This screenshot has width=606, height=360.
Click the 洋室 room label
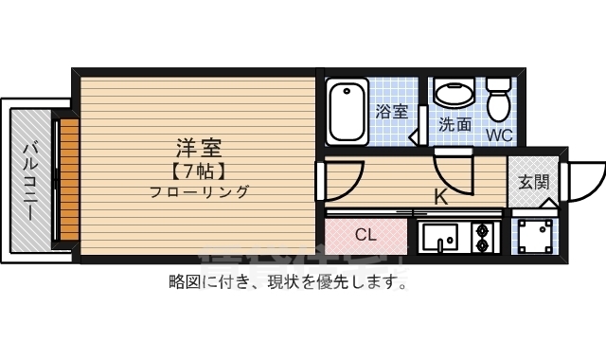(x=199, y=149)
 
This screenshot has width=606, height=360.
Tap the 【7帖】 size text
(x=198, y=171)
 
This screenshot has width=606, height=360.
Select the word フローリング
(x=199, y=192)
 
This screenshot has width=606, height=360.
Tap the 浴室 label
(x=391, y=112)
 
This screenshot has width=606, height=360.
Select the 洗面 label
(x=454, y=124)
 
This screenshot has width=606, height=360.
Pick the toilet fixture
(x=498, y=96)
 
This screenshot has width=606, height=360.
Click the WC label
(x=499, y=135)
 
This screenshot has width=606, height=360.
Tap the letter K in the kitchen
(x=440, y=198)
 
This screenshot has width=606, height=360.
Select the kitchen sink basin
(x=440, y=238)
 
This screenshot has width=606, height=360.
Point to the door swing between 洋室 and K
(x=344, y=178)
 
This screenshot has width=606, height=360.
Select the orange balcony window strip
(x=67, y=180)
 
